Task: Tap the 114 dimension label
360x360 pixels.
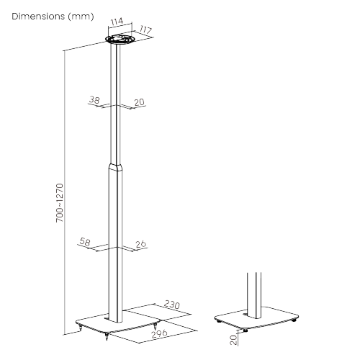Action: [x=117, y=22]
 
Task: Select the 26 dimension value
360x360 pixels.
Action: [x=140, y=245]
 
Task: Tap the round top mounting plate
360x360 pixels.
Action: [x=119, y=40]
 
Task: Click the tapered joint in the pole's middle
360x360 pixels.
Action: [x=114, y=166]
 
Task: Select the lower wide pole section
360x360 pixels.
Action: [x=114, y=245]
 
